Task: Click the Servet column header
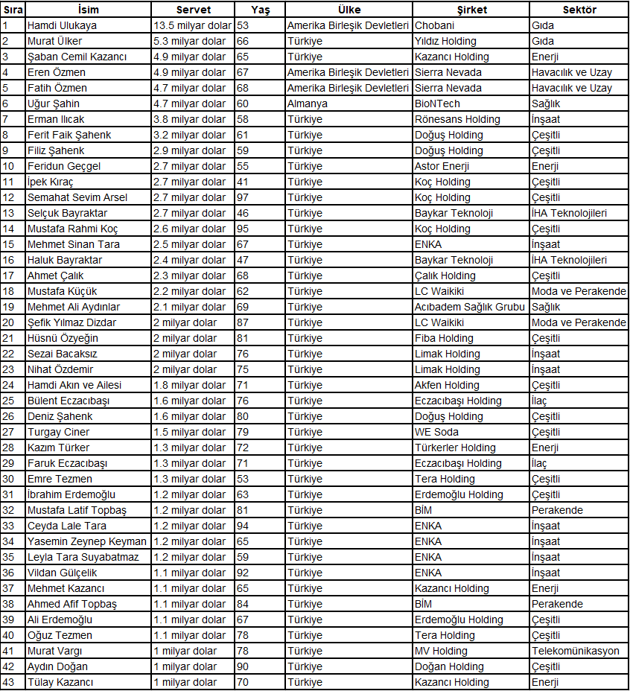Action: coord(193,10)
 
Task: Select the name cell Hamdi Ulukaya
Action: coord(62,25)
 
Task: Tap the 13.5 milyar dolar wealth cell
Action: coord(192,25)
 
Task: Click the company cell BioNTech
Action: coord(437,104)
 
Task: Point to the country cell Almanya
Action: coord(307,104)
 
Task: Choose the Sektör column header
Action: coord(579,10)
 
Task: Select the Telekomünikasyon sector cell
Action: coord(575,651)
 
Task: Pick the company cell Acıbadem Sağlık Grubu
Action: coord(469,307)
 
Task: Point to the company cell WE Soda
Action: coord(436,432)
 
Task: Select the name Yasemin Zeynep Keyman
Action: coord(86,541)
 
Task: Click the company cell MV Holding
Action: coord(441,651)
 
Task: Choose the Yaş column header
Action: coord(259,10)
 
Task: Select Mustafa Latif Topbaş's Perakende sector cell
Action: coord(557,510)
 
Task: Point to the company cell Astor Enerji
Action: coord(442,166)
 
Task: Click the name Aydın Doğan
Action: coord(57,666)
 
